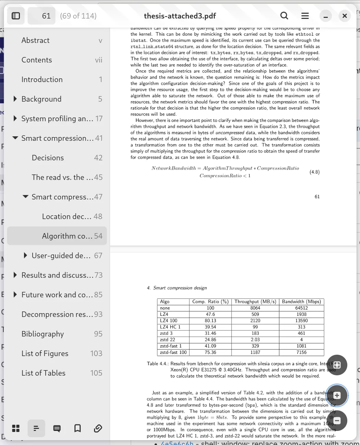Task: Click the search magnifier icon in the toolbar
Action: (x=284, y=16)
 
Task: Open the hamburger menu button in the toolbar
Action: (x=305, y=16)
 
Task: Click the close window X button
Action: (x=345, y=16)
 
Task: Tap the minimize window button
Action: (x=325, y=16)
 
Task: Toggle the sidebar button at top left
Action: (x=16, y=16)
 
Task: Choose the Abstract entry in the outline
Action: (x=35, y=41)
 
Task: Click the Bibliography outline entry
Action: (x=43, y=334)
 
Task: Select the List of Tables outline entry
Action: (x=43, y=373)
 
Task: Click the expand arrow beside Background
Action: (x=15, y=99)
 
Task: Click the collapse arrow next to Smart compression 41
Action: (x=15, y=138)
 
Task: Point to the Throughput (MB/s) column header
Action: (x=255, y=302)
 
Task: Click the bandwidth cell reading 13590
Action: (x=301, y=321)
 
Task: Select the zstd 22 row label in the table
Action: (x=167, y=340)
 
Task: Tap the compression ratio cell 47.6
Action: (x=210, y=315)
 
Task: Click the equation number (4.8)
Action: (x=314, y=172)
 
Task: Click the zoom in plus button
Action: (x=337, y=396)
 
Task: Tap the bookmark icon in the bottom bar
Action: (x=78, y=428)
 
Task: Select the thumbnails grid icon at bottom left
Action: (x=16, y=428)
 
